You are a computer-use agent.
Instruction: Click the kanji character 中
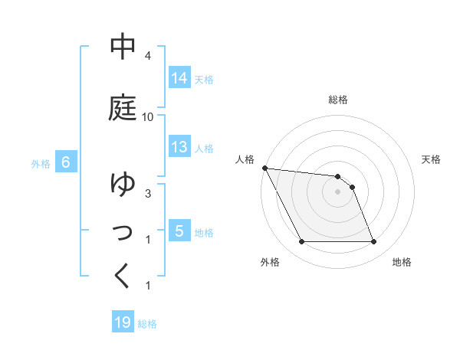[123, 47]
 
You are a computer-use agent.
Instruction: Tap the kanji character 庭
[123, 108]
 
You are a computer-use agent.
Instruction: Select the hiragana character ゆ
[123, 185]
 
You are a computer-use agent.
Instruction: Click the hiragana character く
[123, 277]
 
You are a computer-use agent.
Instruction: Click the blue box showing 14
[179, 78]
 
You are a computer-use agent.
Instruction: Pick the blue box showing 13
[179, 147]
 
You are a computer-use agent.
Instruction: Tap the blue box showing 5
[179, 231]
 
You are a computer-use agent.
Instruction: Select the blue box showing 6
[66, 162]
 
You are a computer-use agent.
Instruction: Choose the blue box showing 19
[123, 322]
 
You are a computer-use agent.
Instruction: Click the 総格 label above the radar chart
[338, 100]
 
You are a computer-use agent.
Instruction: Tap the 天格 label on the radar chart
[432, 159]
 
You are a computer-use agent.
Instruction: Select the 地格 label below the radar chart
[402, 262]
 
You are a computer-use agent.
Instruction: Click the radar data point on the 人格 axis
[264, 168]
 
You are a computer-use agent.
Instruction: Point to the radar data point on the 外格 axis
[301, 242]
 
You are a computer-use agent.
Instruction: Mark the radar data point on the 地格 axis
[374, 242]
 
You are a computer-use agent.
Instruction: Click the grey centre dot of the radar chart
[338, 192]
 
